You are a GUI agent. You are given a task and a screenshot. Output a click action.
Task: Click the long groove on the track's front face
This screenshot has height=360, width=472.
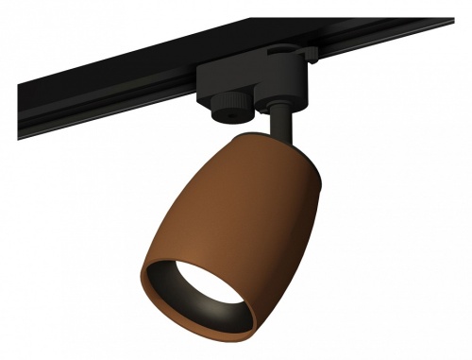coord(113,118)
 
